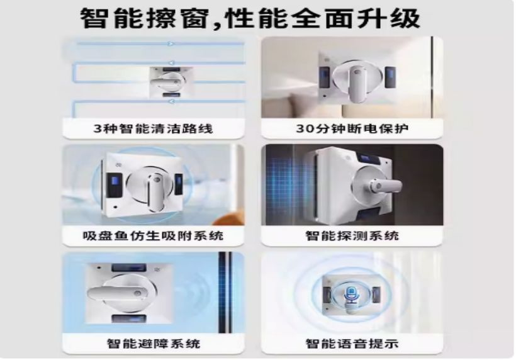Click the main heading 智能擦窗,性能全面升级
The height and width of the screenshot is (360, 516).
pyautogui.click(x=250, y=18)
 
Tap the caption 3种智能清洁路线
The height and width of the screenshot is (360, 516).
pyautogui.click(x=154, y=128)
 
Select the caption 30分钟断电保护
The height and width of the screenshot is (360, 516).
pyautogui.click(x=352, y=128)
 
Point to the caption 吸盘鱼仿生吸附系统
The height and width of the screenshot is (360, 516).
pyautogui.click(x=154, y=235)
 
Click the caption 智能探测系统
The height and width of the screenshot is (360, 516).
pyautogui.click(x=352, y=235)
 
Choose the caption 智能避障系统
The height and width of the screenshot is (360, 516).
pyautogui.click(x=154, y=344)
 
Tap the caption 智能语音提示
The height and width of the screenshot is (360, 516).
pyautogui.click(x=352, y=344)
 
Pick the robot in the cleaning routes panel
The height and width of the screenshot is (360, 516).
pyautogui.click(x=171, y=82)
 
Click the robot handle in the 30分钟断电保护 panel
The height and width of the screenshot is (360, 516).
pyautogui.click(x=356, y=83)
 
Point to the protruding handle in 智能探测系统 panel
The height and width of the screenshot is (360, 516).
pyautogui.click(x=385, y=186)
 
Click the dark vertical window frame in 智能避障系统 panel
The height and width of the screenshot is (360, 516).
pyautogui.click(x=225, y=292)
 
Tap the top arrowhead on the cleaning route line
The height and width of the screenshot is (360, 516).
pyautogui.click(x=171, y=44)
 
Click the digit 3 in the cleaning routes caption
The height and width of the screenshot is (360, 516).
pyautogui.click(x=98, y=128)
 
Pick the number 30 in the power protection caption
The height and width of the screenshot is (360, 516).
pyautogui.click(x=304, y=128)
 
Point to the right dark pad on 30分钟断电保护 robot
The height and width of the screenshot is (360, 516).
pyautogui.click(x=390, y=77)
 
